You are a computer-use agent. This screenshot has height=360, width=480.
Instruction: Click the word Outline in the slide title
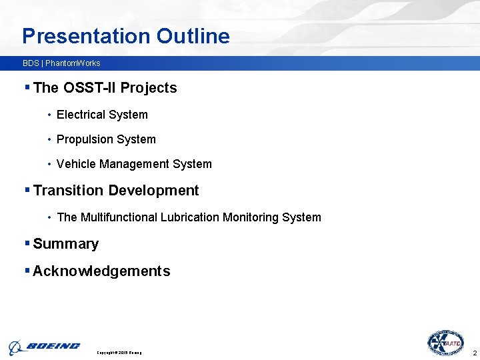click(193, 36)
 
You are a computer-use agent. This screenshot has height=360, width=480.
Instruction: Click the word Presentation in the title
click(87, 36)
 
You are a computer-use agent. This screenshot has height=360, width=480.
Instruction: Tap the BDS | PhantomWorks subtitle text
click(61, 63)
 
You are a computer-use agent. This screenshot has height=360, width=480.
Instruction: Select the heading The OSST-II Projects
click(105, 88)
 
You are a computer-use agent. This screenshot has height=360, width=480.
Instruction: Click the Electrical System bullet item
click(102, 115)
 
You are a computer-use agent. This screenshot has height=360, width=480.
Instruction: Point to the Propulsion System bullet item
click(106, 139)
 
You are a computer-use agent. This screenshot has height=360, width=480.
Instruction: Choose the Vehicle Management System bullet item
click(134, 164)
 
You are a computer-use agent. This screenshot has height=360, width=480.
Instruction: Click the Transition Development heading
click(115, 191)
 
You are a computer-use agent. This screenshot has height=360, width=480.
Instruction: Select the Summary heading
click(65, 244)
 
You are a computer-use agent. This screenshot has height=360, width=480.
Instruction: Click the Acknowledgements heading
click(101, 271)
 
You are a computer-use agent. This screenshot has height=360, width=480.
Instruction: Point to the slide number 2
click(474, 352)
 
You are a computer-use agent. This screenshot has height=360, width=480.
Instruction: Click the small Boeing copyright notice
click(119, 352)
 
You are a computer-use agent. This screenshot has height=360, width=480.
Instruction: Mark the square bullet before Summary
click(27, 243)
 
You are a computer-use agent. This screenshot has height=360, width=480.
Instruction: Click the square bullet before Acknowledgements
click(27, 270)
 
